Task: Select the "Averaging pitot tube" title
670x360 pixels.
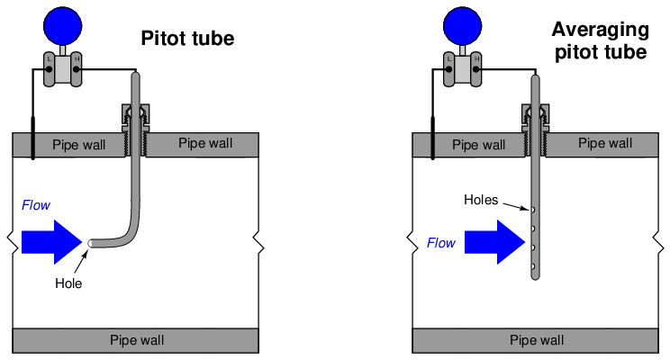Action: coord(600,40)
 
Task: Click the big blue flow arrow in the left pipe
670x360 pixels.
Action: coord(53,241)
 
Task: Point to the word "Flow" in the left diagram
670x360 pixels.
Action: coord(33,206)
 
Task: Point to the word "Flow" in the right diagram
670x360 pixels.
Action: coord(441,242)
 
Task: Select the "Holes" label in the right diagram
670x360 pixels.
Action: coord(481,200)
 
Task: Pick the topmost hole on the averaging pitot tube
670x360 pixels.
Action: coord(534,211)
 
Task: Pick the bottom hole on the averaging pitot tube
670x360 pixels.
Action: coord(534,266)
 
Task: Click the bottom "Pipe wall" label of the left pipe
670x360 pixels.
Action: coord(137,340)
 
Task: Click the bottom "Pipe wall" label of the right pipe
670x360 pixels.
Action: coord(537,340)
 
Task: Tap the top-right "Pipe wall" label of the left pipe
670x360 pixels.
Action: coord(205,143)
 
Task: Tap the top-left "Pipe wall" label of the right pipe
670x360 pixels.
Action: coord(479,144)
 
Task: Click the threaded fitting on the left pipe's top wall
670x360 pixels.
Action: coord(136,118)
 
